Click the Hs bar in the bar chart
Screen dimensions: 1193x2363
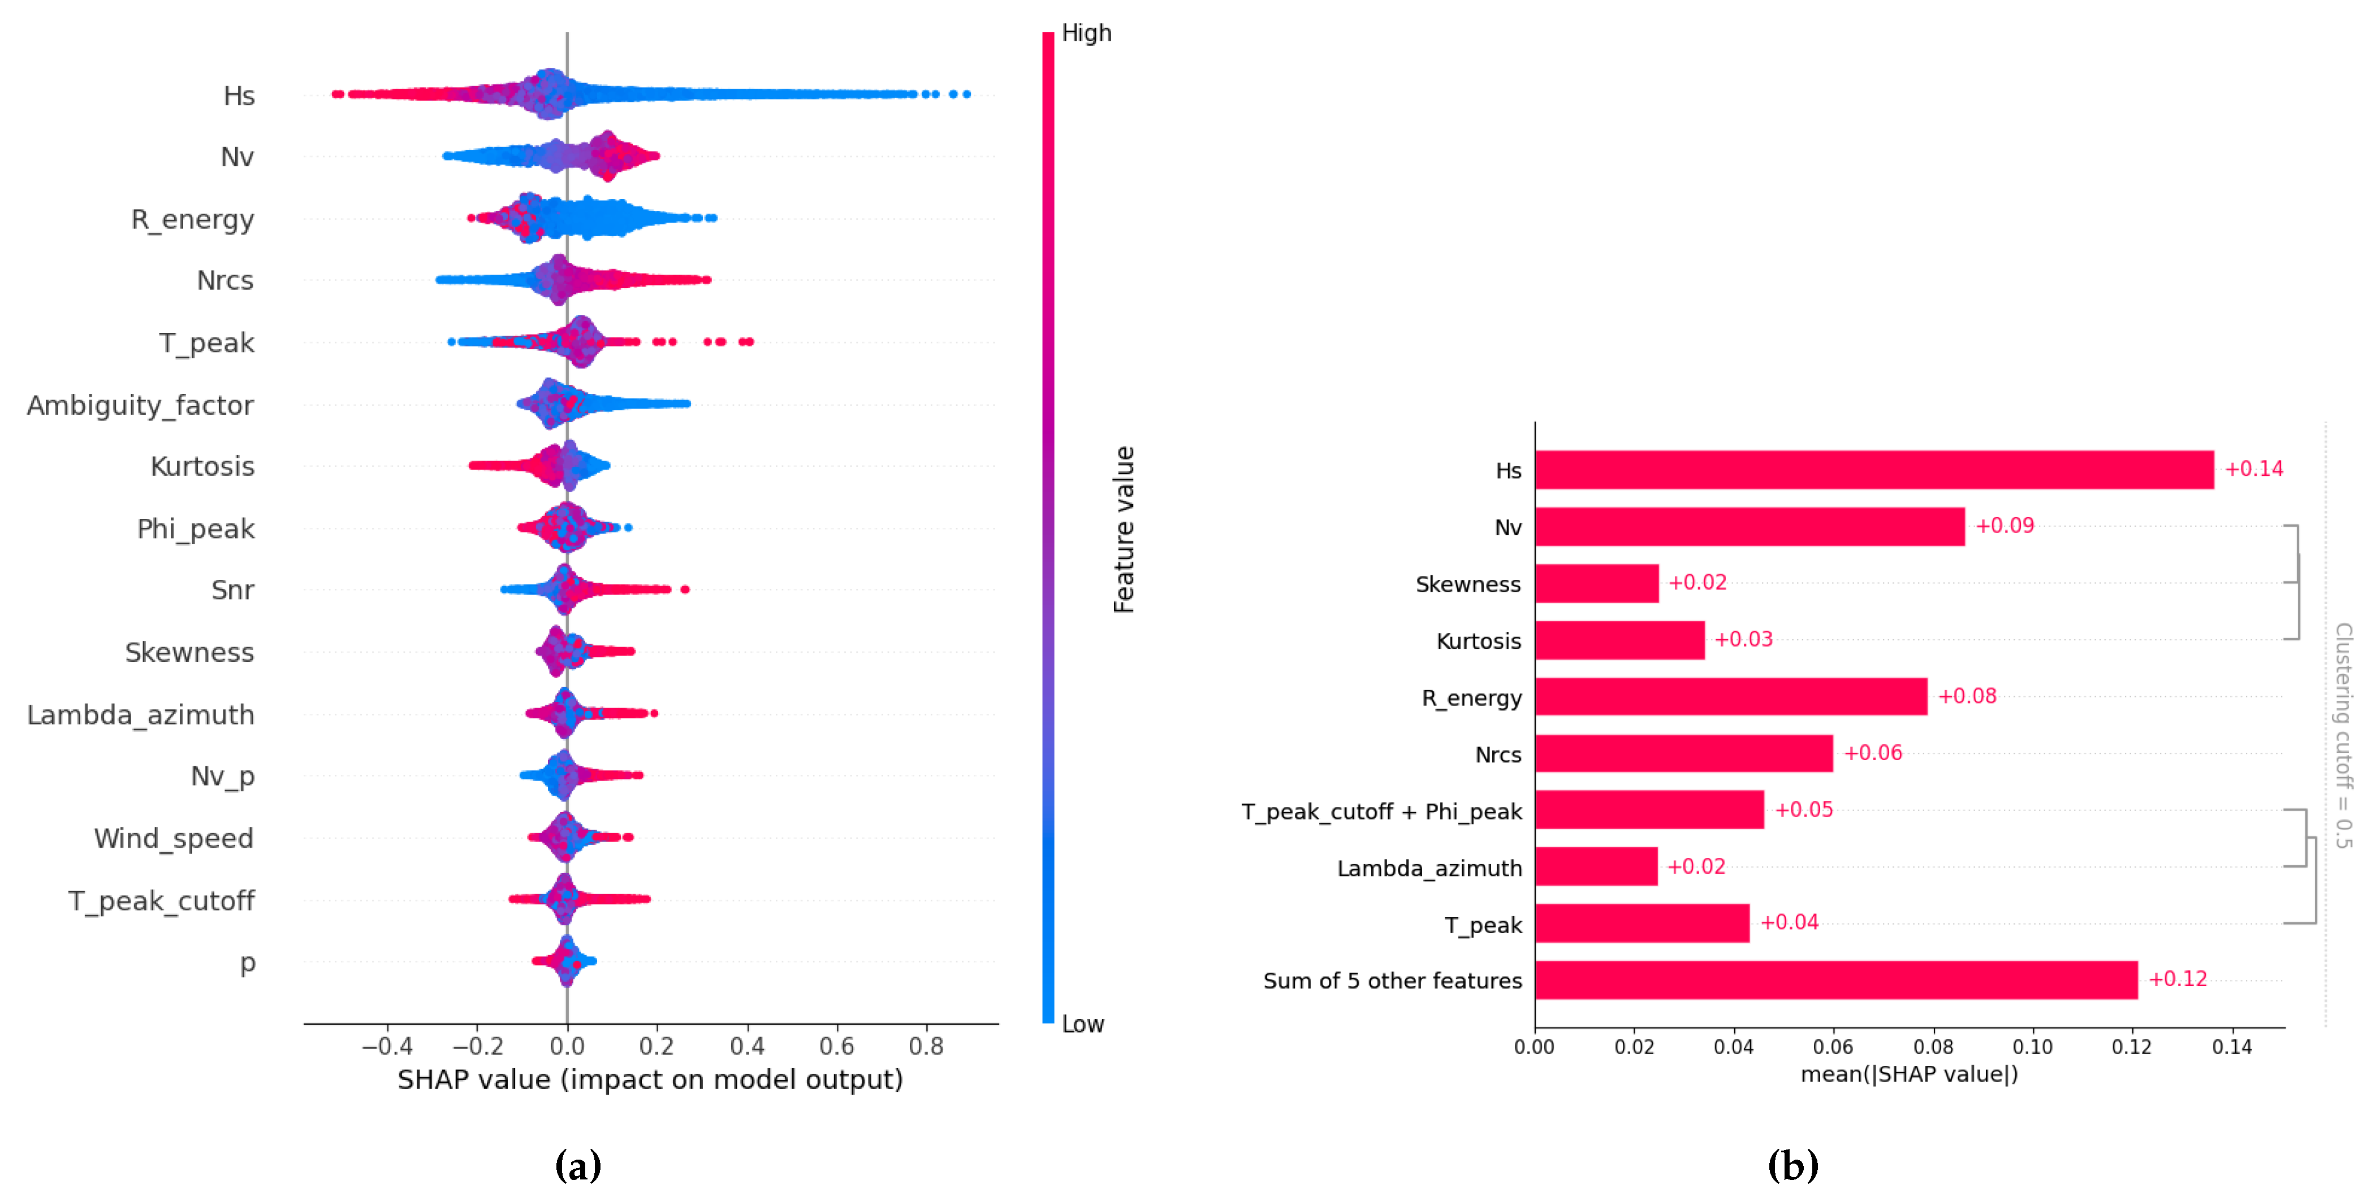pyautogui.click(x=1873, y=470)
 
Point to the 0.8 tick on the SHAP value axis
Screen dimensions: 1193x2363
pyautogui.click(x=926, y=1046)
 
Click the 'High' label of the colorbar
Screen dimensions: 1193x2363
pyautogui.click(x=1086, y=33)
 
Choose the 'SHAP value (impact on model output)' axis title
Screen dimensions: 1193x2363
pyautogui.click(x=650, y=1079)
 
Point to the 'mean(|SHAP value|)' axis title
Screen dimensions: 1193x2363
pyautogui.click(x=1909, y=1074)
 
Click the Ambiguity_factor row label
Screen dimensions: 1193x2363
pyautogui.click(x=140, y=405)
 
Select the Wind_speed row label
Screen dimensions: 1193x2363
pyautogui.click(x=174, y=838)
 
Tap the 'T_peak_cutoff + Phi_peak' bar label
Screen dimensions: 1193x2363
pyautogui.click(x=1381, y=812)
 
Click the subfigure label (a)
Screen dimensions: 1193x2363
pyautogui.click(x=578, y=1165)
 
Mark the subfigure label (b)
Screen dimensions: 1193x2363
pyautogui.click(x=1792, y=1165)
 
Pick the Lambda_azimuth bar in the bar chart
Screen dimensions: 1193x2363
pyautogui.click(x=1596, y=866)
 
